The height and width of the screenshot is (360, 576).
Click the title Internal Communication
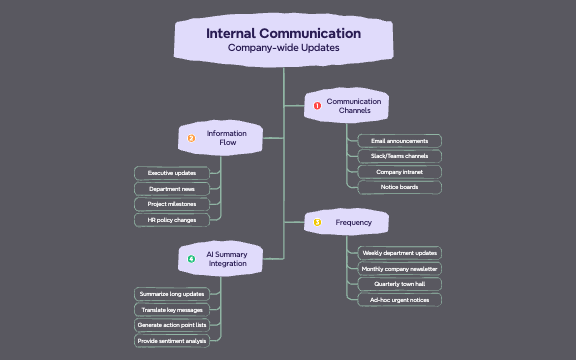coord(283,33)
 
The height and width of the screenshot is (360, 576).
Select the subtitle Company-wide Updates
coord(283,48)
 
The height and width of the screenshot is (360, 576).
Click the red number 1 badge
coord(317,105)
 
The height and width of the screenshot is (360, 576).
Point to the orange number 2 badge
coord(192,138)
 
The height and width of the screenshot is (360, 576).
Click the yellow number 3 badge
coord(317,222)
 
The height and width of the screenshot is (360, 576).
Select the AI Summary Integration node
coord(227,259)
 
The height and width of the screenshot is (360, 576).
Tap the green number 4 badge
coord(191,259)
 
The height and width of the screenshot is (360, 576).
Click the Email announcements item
coord(399,141)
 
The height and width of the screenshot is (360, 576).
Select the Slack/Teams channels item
coord(399,156)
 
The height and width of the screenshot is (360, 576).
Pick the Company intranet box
coord(399,172)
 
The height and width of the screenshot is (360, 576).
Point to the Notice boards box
coord(399,187)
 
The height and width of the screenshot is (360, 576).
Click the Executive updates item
coord(171,173)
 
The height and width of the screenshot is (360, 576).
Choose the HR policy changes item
coord(171,219)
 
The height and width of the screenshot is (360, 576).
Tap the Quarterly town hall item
coord(399,284)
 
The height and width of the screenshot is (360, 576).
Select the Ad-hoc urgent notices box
coord(399,299)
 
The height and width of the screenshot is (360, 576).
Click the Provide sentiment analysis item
coord(171,341)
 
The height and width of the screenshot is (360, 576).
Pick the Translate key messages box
coord(171,310)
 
